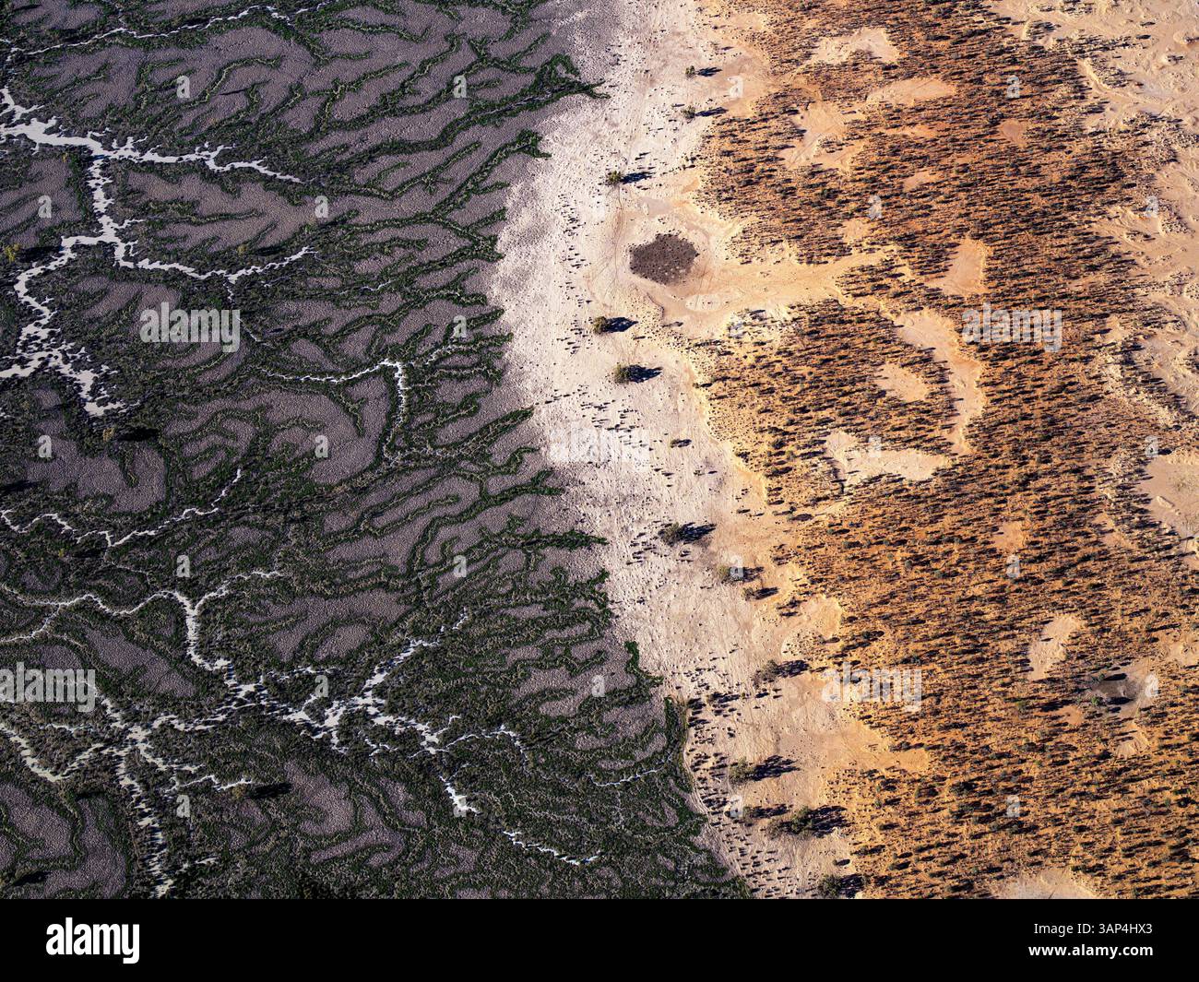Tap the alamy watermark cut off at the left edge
(x=46, y=684)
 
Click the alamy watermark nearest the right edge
(x=1011, y=325)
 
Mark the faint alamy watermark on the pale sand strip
(x=600, y=444)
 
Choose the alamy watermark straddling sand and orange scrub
(x=871, y=684)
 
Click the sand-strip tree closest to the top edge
(x=689, y=70)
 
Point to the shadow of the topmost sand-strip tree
(x=708, y=72)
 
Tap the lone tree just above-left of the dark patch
(x=611, y=177)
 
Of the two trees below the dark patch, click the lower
(x=623, y=373)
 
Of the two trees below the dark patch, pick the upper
(x=600, y=324)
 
